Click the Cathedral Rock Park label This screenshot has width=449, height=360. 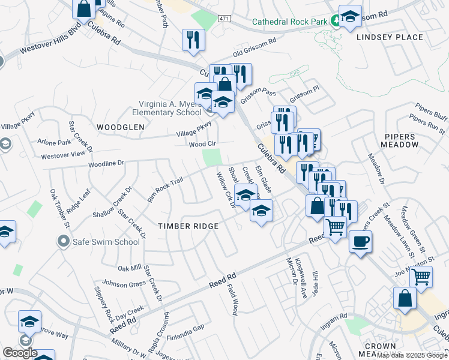coord(290,22)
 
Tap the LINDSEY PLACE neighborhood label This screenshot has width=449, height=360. coord(390,37)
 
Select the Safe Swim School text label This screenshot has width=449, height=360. coord(106,242)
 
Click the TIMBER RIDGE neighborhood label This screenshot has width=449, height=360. coord(188,226)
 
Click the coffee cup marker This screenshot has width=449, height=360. coord(360,241)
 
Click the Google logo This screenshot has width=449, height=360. coord(20,353)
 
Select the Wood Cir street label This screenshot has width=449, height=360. coord(202,145)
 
